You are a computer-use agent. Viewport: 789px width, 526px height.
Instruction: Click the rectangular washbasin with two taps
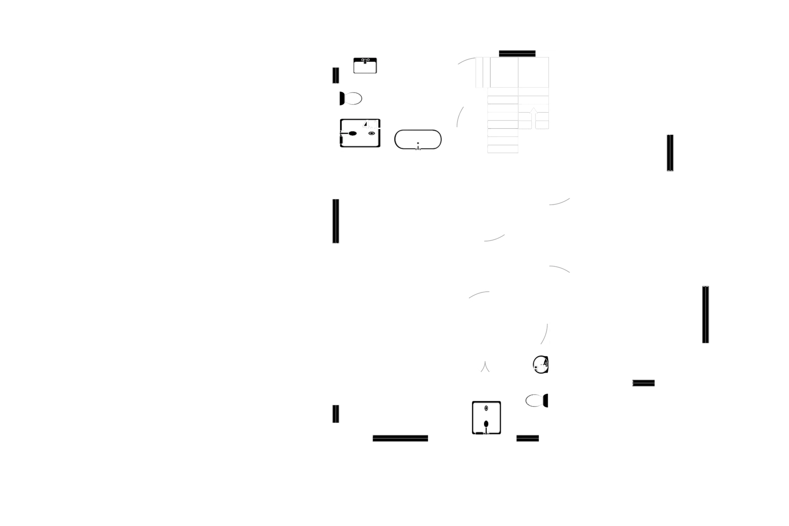(365, 66)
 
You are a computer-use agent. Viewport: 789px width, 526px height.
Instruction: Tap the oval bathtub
(418, 140)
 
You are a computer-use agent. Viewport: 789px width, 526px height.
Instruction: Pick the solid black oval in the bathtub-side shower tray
(351, 133)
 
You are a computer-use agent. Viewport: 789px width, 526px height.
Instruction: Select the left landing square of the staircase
(503, 72)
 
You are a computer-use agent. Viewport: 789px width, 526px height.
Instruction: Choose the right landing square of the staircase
(533, 72)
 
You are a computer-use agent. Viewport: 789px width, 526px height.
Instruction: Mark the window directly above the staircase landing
(517, 53)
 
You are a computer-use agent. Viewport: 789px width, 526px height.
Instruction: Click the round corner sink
(541, 364)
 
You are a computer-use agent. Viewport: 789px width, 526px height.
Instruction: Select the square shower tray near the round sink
(486, 418)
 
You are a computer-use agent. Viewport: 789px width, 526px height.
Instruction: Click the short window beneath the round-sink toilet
(528, 438)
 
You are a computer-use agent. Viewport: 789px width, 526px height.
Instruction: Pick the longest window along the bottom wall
(400, 438)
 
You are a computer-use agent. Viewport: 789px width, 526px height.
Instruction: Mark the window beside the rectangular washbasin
(336, 76)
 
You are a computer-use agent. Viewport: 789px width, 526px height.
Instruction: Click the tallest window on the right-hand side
(705, 314)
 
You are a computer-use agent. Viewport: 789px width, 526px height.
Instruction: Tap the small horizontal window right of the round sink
(643, 382)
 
